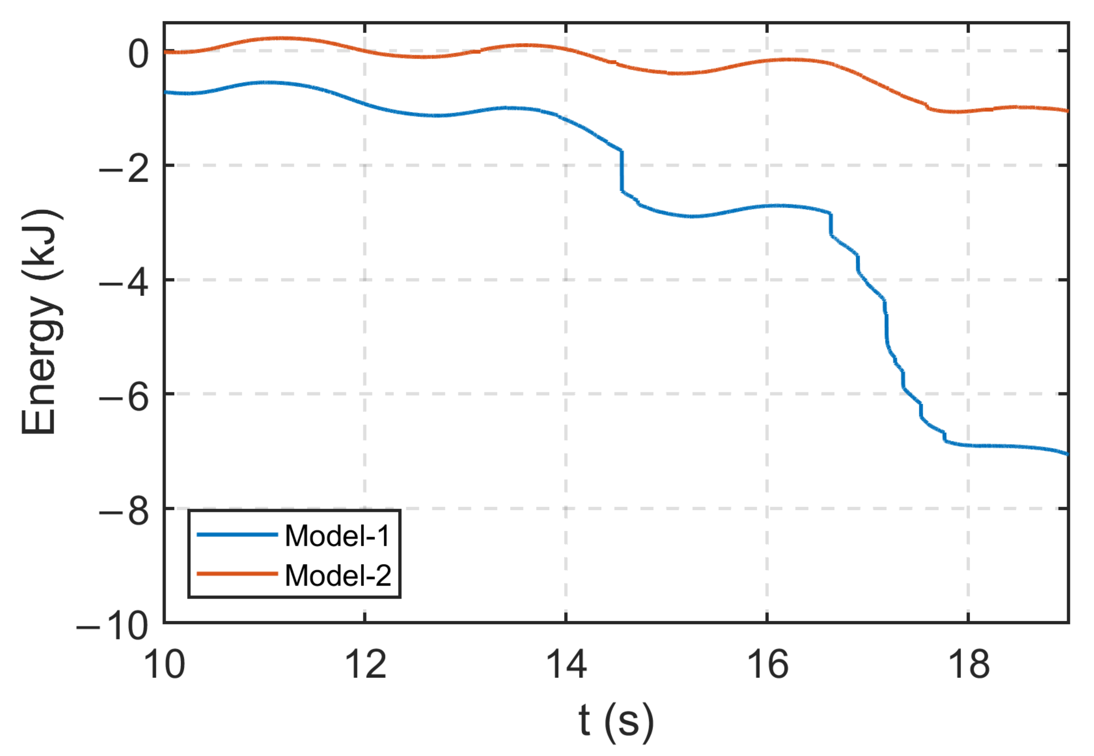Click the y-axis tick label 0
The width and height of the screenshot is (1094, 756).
[x=139, y=53]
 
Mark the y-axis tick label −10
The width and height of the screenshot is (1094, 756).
[x=112, y=626]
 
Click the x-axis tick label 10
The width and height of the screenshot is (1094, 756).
[x=164, y=665]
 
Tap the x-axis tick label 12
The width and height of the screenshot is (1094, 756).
[x=365, y=665]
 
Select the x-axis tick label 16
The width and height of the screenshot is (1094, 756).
[x=767, y=665]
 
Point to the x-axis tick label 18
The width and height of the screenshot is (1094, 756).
[x=969, y=665]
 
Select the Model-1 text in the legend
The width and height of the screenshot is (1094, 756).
[x=337, y=536]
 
